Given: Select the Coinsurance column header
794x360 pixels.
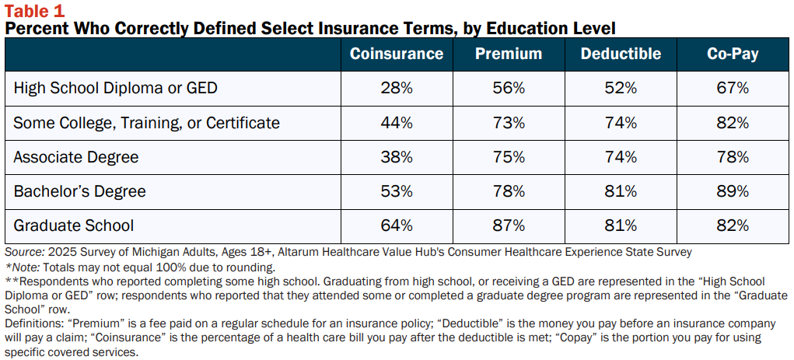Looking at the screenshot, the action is tap(397, 54).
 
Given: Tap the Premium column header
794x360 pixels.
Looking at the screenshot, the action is tap(509, 54).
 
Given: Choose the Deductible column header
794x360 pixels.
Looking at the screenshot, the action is tap(621, 54).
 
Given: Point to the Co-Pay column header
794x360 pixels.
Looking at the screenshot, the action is tap(733, 54).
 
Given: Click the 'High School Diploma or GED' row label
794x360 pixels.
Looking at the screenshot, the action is tap(115, 88).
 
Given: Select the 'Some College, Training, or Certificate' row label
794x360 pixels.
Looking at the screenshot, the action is tap(146, 123).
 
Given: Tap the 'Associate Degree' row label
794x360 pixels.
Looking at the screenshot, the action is tap(76, 157).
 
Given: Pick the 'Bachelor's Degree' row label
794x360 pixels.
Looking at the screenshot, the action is tap(79, 191).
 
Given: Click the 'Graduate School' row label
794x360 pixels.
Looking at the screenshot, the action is tap(73, 225).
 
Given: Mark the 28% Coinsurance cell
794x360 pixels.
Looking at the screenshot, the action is tap(397, 88).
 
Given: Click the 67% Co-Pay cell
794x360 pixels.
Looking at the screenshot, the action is tap(733, 88).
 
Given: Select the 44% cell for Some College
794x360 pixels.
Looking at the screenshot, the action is tap(397, 123).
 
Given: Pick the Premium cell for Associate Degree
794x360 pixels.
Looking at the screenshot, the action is tap(509, 157).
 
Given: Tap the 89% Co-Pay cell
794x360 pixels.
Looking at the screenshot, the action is tap(733, 191).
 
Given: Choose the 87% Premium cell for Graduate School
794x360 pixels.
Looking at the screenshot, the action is tap(509, 225).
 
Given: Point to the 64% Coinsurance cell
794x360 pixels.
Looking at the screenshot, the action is tap(397, 225).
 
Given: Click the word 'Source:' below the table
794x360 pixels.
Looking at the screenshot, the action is tap(23, 252).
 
